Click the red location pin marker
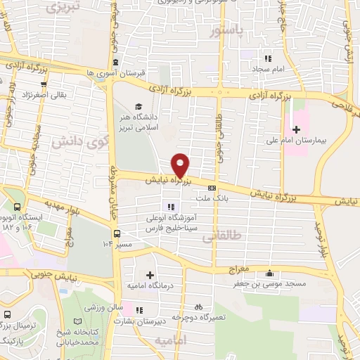pyautogui.click(x=181, y=165)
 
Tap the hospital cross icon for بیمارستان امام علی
pyautogui.click(x=296, y=129)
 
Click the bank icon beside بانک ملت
pyautogui.click(x=212, y=187)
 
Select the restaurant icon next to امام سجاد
pyautogui.click(x=267, y=58)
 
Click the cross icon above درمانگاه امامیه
pyautogui.click(x=149, y=275)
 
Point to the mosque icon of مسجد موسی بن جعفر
pyautogui.click(x=268, y=274)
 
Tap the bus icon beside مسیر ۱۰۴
pyautogui.click(x=117, y=234)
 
